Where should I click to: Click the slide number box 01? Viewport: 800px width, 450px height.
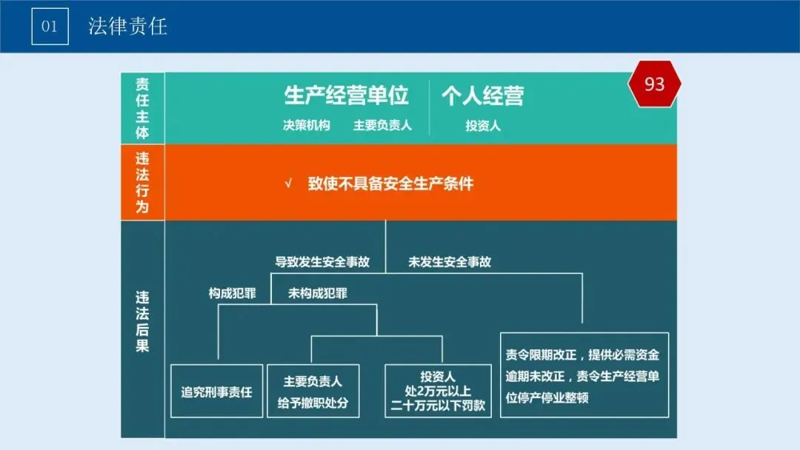[50, 27]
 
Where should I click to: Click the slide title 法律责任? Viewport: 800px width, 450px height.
[127, 27]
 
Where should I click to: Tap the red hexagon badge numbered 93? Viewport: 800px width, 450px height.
[654, 84]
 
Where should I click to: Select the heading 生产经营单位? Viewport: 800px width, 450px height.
[347, 95]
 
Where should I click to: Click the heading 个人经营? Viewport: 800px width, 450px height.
[482, 95]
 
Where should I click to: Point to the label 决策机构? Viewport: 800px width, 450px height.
[306, 125]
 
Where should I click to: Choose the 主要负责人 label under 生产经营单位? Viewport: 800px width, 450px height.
[382, 125]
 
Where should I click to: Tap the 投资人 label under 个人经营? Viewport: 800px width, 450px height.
[482, 126]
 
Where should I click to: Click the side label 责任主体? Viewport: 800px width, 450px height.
[142, 108]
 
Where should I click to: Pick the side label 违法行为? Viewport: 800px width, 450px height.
[142, 182]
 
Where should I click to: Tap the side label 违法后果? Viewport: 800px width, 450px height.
[142, 321]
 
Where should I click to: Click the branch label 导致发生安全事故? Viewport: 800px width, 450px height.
[322, 261]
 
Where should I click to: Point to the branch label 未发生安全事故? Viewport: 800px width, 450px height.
[450, 261]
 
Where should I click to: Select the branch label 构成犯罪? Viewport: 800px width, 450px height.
[232, 293]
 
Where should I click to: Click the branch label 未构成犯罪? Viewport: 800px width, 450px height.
[318, 293]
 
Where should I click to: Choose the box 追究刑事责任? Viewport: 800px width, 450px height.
[216, 392]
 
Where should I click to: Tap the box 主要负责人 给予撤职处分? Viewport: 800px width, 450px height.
[313, 392]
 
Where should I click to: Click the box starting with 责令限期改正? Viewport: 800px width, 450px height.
[584, 375]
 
